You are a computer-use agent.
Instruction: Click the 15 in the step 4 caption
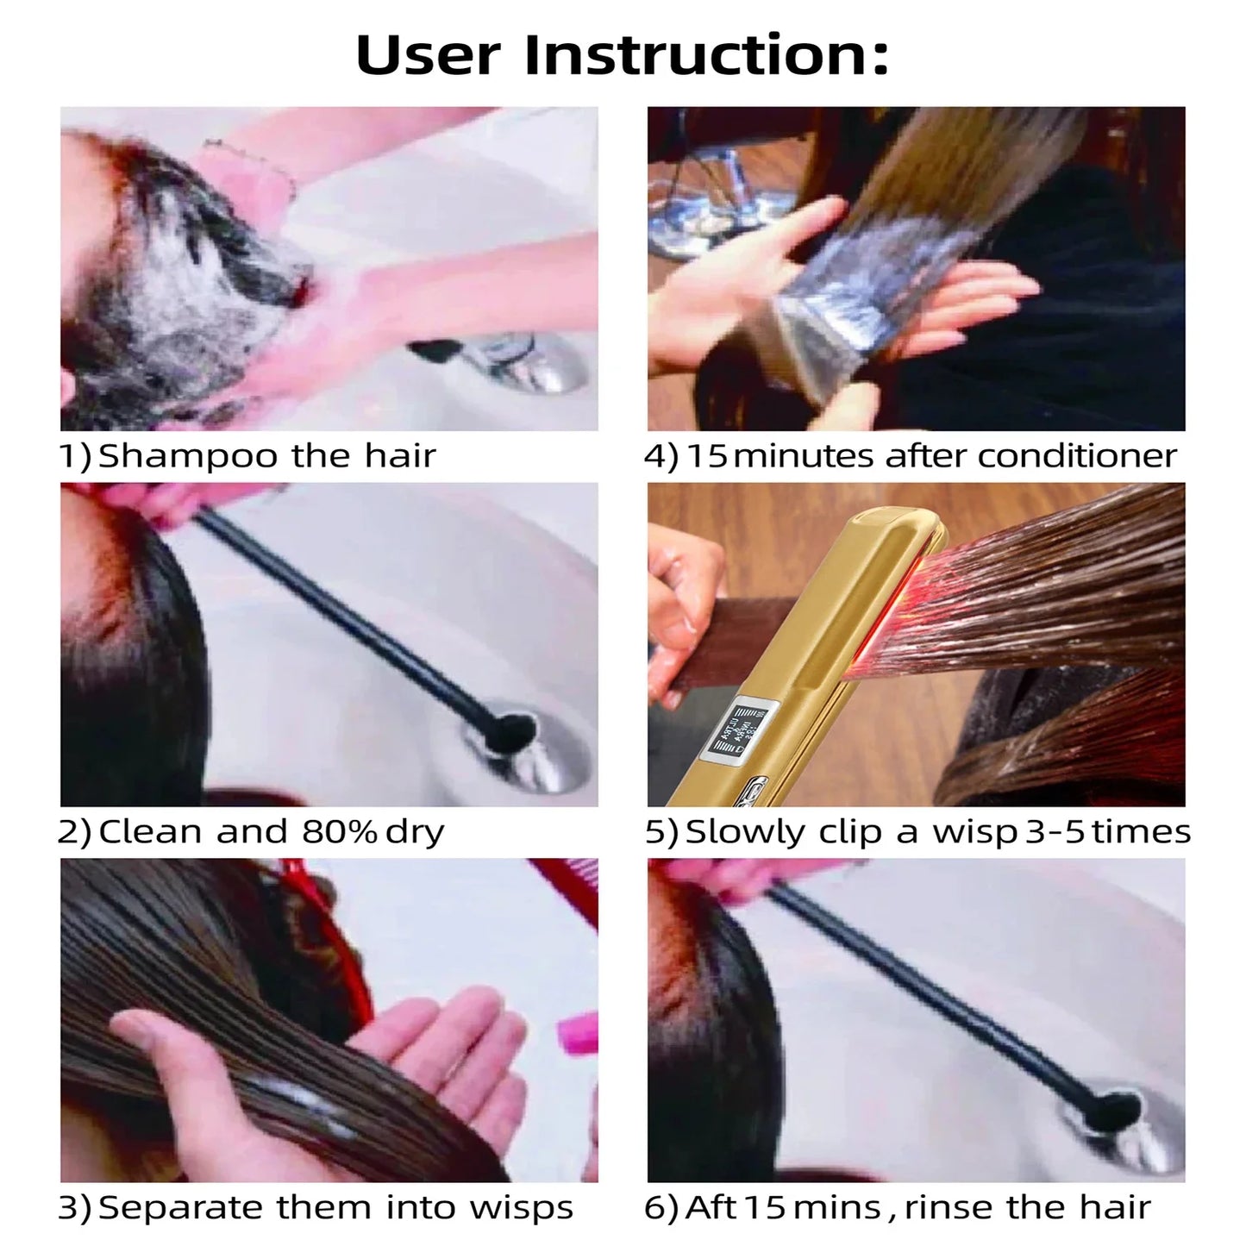click(706, 455)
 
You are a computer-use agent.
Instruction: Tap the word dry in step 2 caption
click(416, 831)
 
